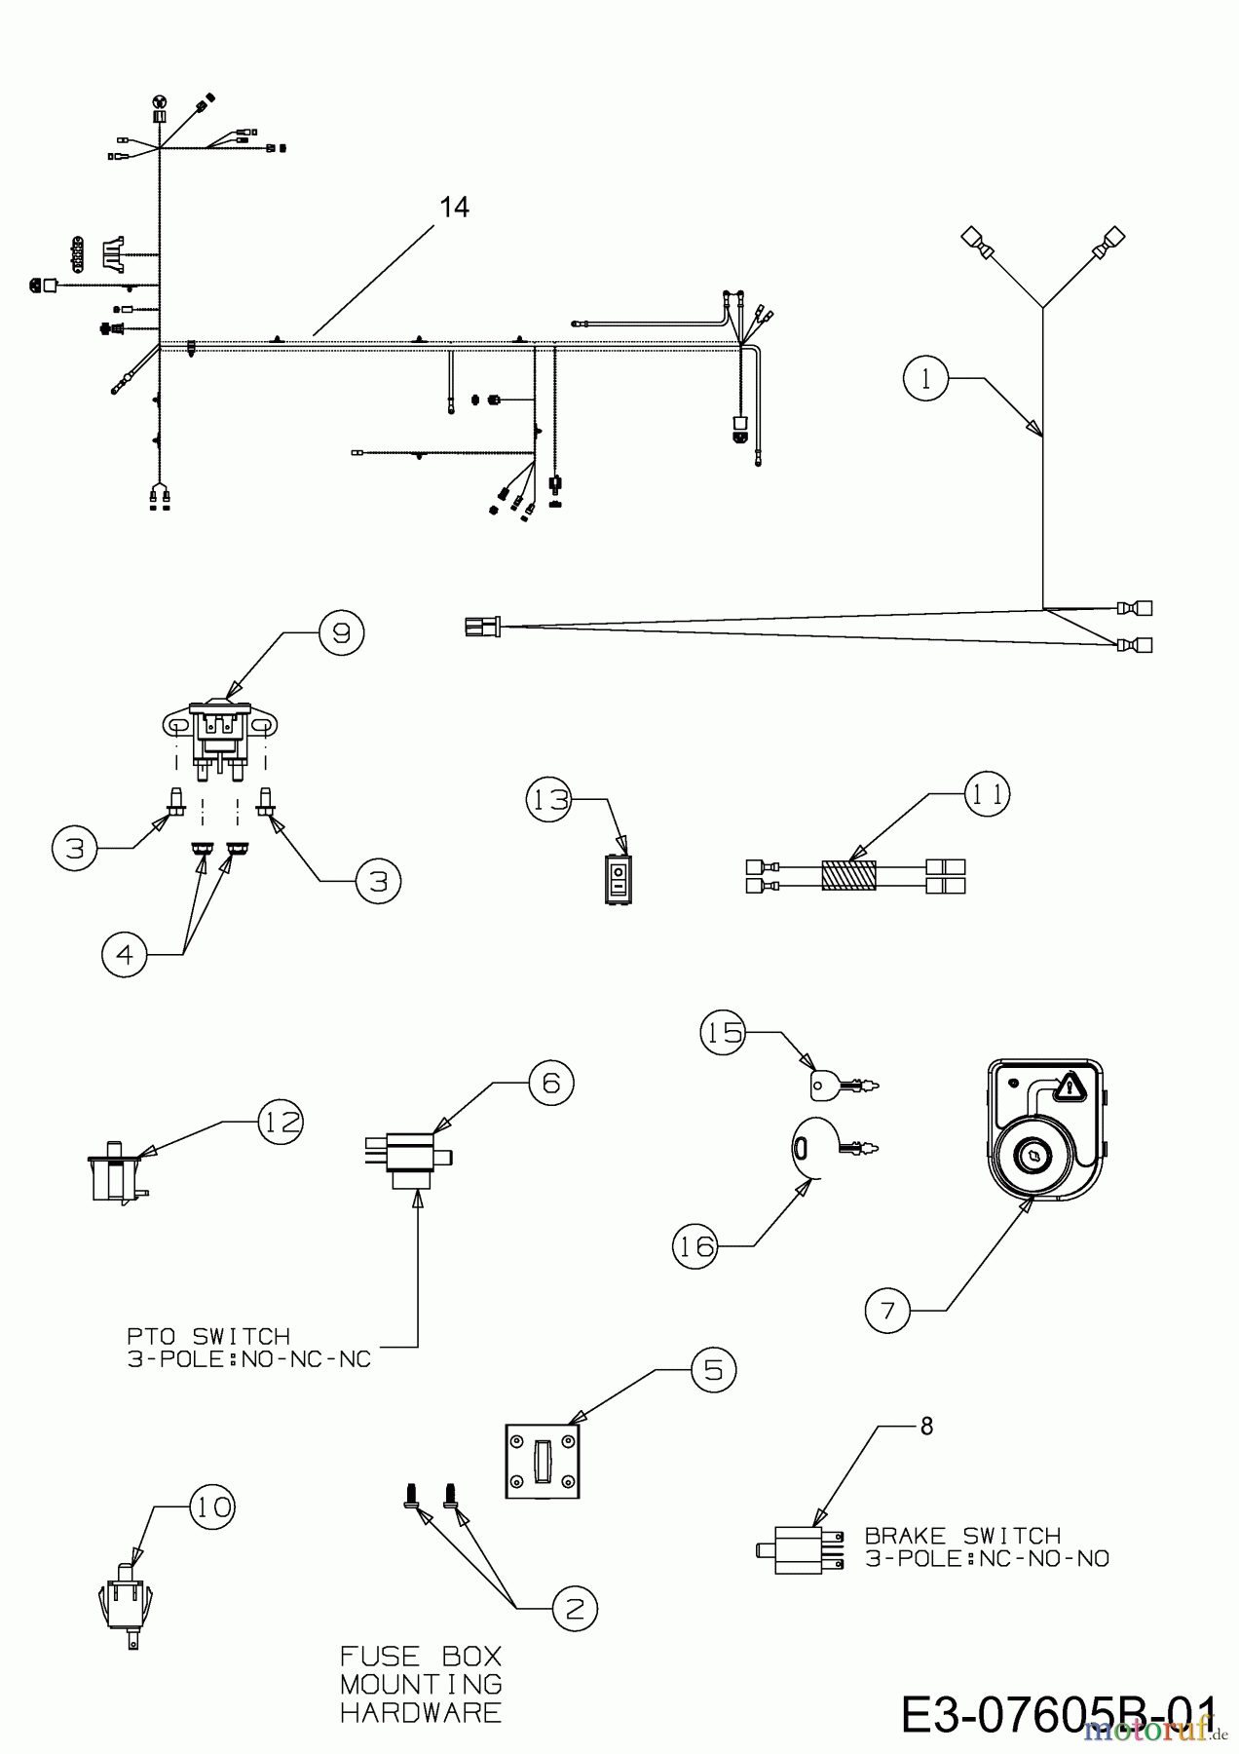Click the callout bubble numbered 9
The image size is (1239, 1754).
pos(340,632)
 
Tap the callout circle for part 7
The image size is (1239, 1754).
pos(887,1310)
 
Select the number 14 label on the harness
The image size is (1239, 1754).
pos(454,208)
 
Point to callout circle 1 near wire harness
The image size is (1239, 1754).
pos(926,378)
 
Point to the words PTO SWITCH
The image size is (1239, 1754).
pos(207,1336)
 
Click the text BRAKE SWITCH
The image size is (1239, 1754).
pos(962,1536)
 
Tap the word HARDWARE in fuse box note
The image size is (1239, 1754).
pos(421,1711)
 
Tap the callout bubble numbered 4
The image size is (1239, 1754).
pos(125,954)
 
